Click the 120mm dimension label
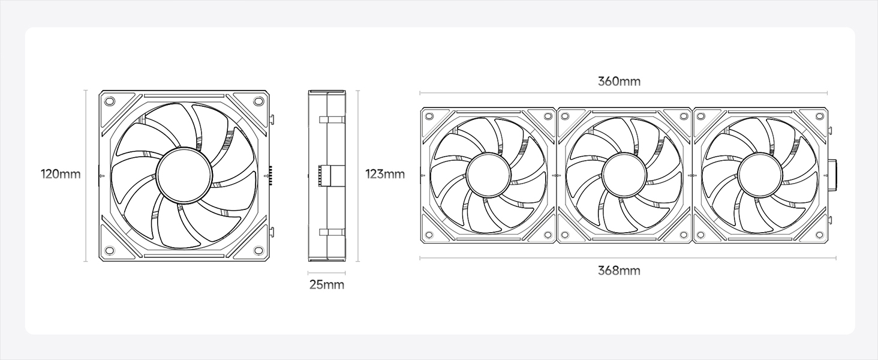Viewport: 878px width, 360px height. point(61,174)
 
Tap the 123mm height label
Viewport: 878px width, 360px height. point(385,174)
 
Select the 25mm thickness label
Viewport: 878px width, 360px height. point(327,285)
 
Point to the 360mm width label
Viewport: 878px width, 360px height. point(620,82)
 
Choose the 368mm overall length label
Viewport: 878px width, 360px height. point(620,271)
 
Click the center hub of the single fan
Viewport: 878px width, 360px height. point(184,175)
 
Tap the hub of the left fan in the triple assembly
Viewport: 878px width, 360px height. point(488,174)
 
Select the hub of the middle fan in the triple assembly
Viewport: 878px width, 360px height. point(624,174)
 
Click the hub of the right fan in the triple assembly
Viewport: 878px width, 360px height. point(760,174)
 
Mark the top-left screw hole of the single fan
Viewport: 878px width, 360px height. point(109,101)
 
